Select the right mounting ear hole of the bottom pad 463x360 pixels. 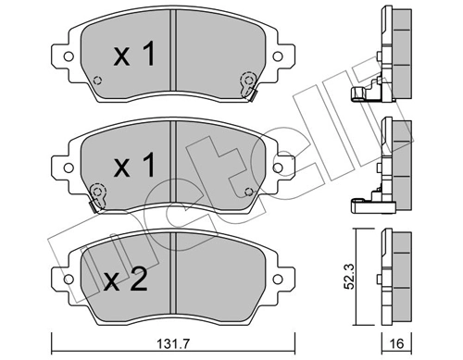point(282,275)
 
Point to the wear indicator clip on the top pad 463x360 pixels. point(247,84)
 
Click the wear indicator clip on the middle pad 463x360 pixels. point(96,193)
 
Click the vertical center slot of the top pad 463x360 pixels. point(173,56)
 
